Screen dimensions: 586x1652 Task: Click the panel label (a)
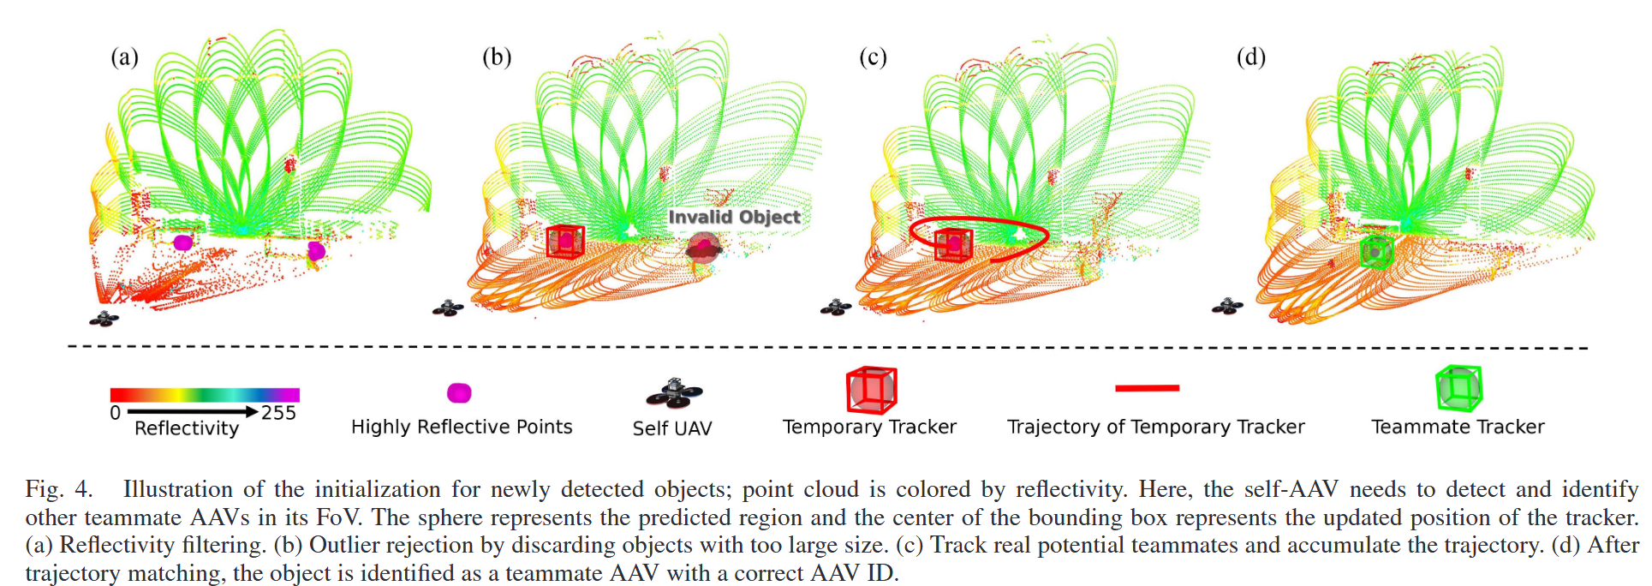click(x=124, y=57)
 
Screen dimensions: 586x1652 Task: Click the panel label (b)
click(x=497, y=57)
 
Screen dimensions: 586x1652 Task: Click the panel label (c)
click(x=873, y=57)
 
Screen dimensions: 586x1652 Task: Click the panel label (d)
click(x=1250, y=57)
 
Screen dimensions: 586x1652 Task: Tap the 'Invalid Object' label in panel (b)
click(x=734, y=217)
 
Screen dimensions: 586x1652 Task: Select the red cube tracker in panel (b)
click(x=565, y=241)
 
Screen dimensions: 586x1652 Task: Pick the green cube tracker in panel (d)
click(x=1375, y=252)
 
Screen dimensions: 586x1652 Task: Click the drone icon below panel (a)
click(x=104, y=319)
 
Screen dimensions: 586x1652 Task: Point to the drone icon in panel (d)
click(x=1227, y=306)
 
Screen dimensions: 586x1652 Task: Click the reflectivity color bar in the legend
click(x=205, y=395)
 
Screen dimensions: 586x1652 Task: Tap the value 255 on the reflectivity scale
click(x=279, y=413)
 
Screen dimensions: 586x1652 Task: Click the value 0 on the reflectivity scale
click(x=116, y=413)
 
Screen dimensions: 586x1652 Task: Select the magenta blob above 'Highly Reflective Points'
click(x=459, y=393)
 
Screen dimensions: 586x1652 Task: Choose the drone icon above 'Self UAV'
click(x=674, y=392)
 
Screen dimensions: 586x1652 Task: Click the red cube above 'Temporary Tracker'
click(x=871, y=390)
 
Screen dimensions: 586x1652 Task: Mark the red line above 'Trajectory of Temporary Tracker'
click(x=1147, y=388)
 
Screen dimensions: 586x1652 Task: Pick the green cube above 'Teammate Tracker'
click(x=1458, y=388)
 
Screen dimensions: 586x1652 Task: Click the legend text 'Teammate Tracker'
click(x=1458, y=427)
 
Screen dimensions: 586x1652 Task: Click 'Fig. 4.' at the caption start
click(x=58, y=489)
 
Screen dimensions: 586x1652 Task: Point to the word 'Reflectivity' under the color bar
click(x=187, y=428)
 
